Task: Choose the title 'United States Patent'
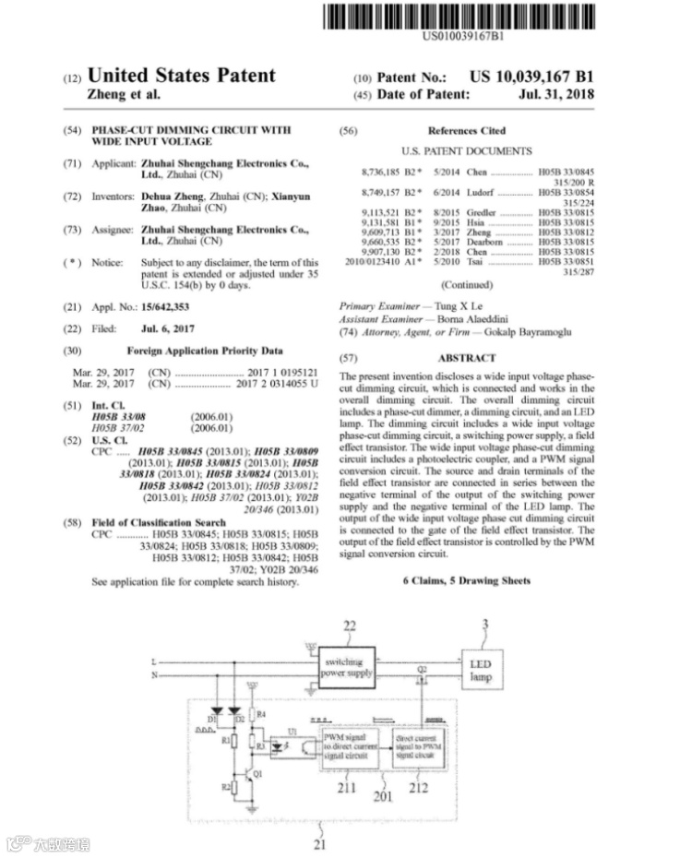point(180,76)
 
